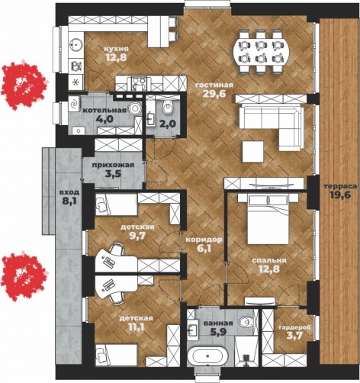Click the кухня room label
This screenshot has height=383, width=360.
pos(116,49)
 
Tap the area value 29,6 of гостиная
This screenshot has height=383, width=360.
pos(214,94)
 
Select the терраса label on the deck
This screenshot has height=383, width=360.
pos(341,186)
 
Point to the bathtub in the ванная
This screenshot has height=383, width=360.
pos(207,356)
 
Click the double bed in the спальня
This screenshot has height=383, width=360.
pos(268,218)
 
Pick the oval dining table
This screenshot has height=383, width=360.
pos(261,53)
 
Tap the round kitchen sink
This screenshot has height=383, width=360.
pos(76,45)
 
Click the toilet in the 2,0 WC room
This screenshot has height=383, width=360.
pos(168,107)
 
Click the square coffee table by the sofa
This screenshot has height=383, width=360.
pos(252,152)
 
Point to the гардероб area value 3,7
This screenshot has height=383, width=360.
pos(295,336)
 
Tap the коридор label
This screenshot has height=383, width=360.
pos(204,240)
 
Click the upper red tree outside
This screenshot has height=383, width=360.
pos(24,85)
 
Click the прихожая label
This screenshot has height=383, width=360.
pos(113,165)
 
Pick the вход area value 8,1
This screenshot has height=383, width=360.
pos(70,201)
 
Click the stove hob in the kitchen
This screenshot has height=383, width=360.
pos(139,83)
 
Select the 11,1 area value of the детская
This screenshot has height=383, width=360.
pos(137,327)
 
